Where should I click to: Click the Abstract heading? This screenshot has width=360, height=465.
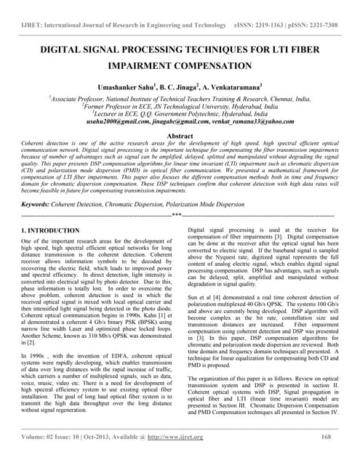pos(180,136)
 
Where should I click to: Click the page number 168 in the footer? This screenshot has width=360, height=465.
pos(327,437)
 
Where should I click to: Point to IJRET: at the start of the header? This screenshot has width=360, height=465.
pos(33,25)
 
